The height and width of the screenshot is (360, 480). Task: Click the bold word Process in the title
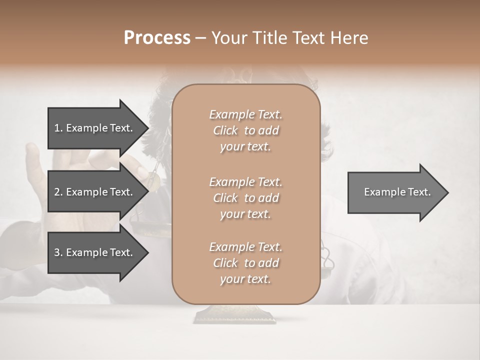pos(157,38)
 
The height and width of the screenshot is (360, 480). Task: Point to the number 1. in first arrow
pos(58,128)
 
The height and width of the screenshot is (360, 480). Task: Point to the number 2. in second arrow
pos(58,192)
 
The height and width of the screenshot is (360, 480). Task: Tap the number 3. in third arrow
pos(58,252)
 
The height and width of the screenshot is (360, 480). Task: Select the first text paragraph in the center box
pos(245,130)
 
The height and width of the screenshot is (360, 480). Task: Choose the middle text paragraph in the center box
pos(245,198)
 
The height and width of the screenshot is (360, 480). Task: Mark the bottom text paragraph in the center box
pos(245,263)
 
